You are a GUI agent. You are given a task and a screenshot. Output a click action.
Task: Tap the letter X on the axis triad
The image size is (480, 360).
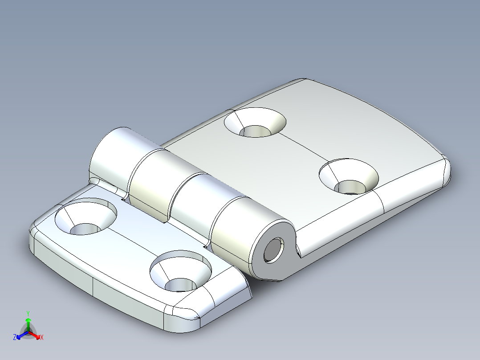click(x=42, y=338)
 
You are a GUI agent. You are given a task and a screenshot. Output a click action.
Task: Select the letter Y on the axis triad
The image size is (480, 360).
click(x=28, y=313)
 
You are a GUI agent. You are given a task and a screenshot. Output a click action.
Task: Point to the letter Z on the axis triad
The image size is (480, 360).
click(x=15, y=338)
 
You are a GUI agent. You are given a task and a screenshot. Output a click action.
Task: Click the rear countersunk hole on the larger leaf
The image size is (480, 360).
click(x=255, y=123)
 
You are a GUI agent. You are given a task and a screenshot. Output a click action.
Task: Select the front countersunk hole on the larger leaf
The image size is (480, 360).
click(x=349, y=176)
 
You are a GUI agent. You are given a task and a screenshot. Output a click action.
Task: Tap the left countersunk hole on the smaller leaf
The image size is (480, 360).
click(x=86, y=218)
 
